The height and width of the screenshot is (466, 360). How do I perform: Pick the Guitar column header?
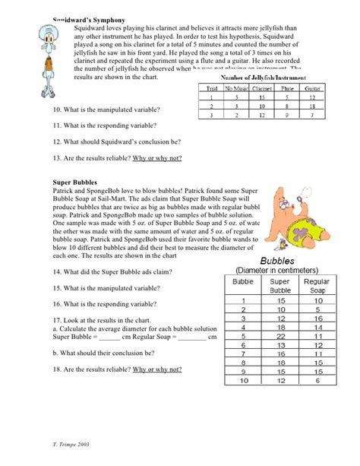point(309,90)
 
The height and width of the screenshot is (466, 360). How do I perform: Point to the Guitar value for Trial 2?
point(309,106)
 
